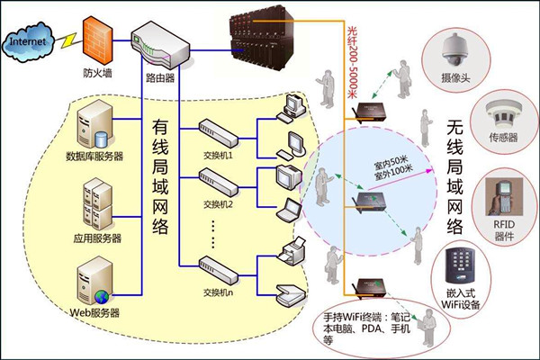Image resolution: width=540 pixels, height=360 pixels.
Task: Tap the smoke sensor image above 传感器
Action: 499,112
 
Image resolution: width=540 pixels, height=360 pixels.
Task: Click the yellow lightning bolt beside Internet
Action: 67,40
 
